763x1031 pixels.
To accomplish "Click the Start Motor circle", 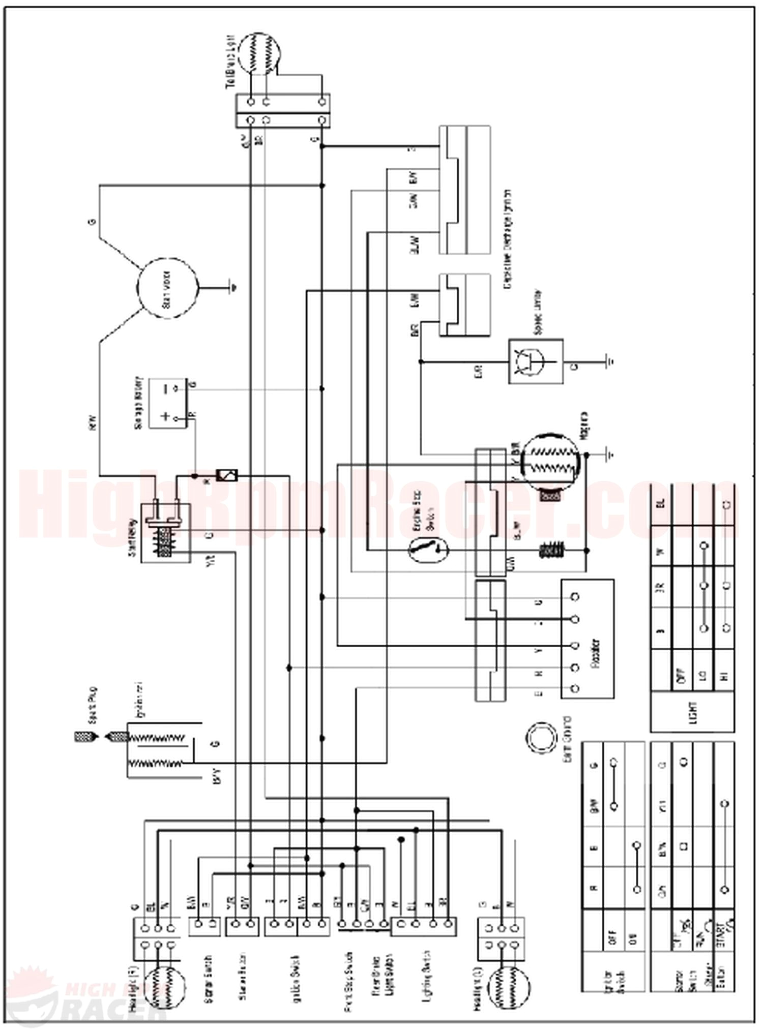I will tap(168, 287).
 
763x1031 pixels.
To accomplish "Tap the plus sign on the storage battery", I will tap(165, 416).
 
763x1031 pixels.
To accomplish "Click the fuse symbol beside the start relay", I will tap(227, 476).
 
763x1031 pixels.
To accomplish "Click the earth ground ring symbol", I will tap(541, 737).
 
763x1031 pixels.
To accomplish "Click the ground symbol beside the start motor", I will tap(233, 288).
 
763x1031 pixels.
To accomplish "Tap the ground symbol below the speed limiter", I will tap(610, 361).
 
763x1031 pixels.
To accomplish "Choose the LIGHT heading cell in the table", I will tap(693, 712).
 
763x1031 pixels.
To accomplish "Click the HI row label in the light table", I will tap(725, 676).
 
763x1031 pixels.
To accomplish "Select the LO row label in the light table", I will tap(703, 676).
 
